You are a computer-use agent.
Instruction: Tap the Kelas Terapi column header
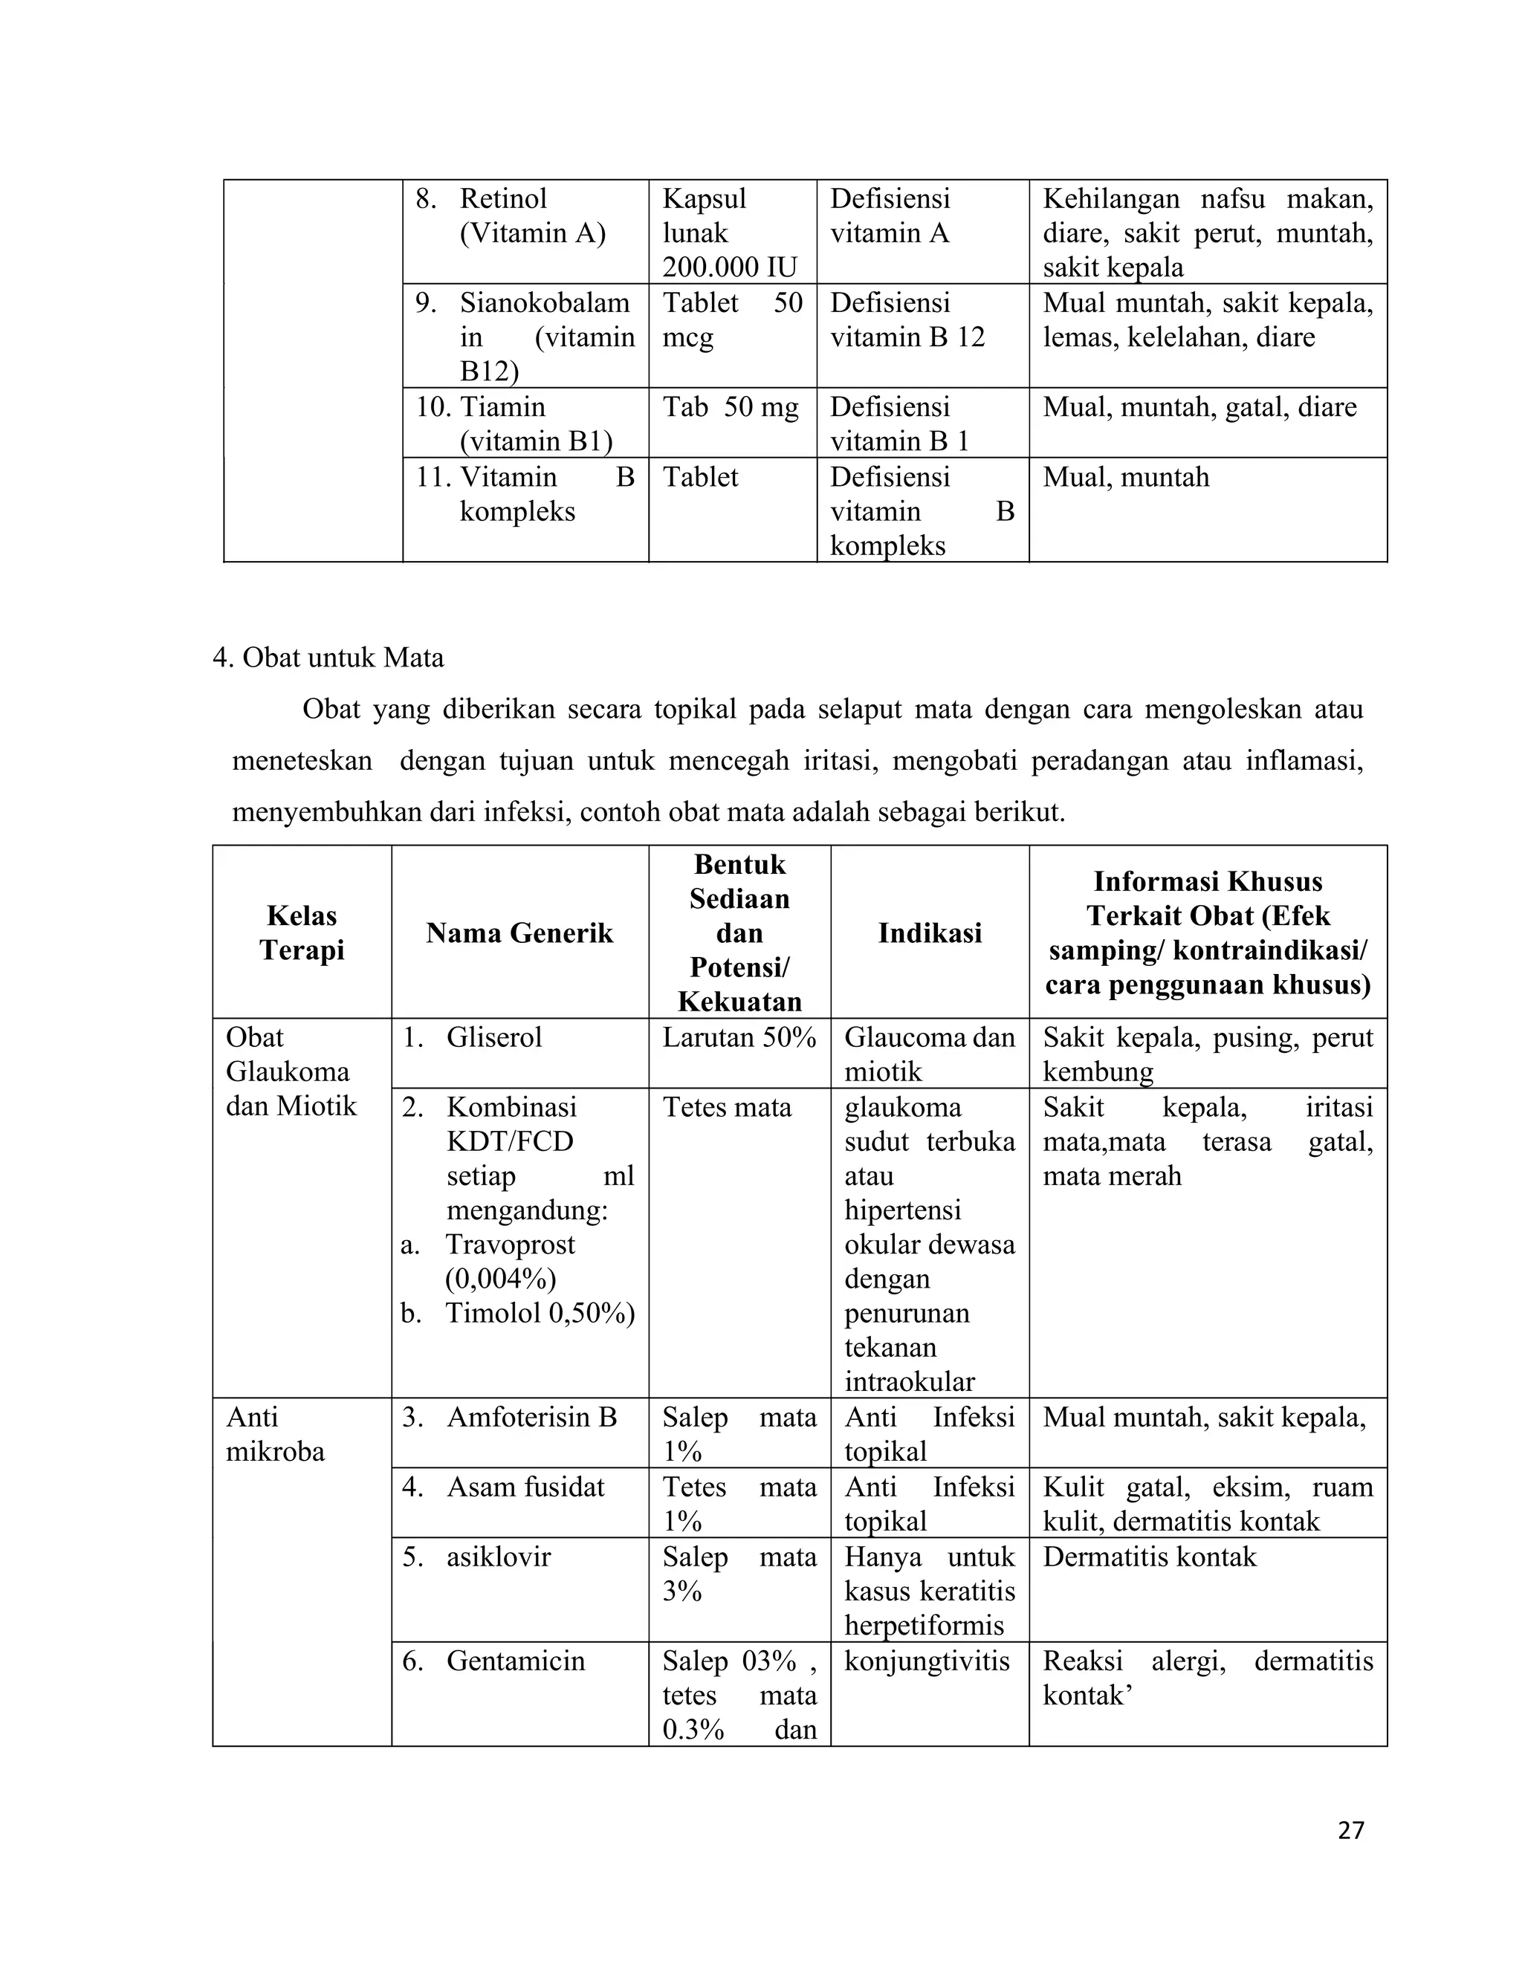302,932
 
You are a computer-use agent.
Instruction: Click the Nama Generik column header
519,932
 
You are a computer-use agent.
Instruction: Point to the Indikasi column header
930,932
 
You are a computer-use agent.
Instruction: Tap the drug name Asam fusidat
525,1487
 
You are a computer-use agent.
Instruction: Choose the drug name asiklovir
498,1557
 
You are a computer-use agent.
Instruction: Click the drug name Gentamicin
515,1661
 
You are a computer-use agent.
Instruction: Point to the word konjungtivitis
926,1661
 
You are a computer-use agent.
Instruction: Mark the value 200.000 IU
730,267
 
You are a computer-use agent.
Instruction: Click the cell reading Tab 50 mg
731,407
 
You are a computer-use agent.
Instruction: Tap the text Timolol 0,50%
540,1313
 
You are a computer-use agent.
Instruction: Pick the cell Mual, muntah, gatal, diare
1199,407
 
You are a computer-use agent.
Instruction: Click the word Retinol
503,198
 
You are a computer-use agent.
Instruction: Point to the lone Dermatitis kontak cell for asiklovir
1149,1557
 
